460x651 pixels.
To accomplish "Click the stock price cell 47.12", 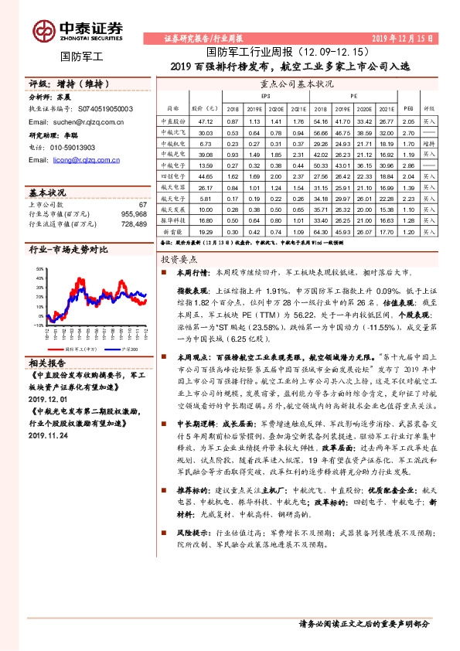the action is coord(206,121).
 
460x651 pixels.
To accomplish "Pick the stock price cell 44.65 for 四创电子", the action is coord(206,176).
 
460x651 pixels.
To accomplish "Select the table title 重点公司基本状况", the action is coord(297,83).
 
